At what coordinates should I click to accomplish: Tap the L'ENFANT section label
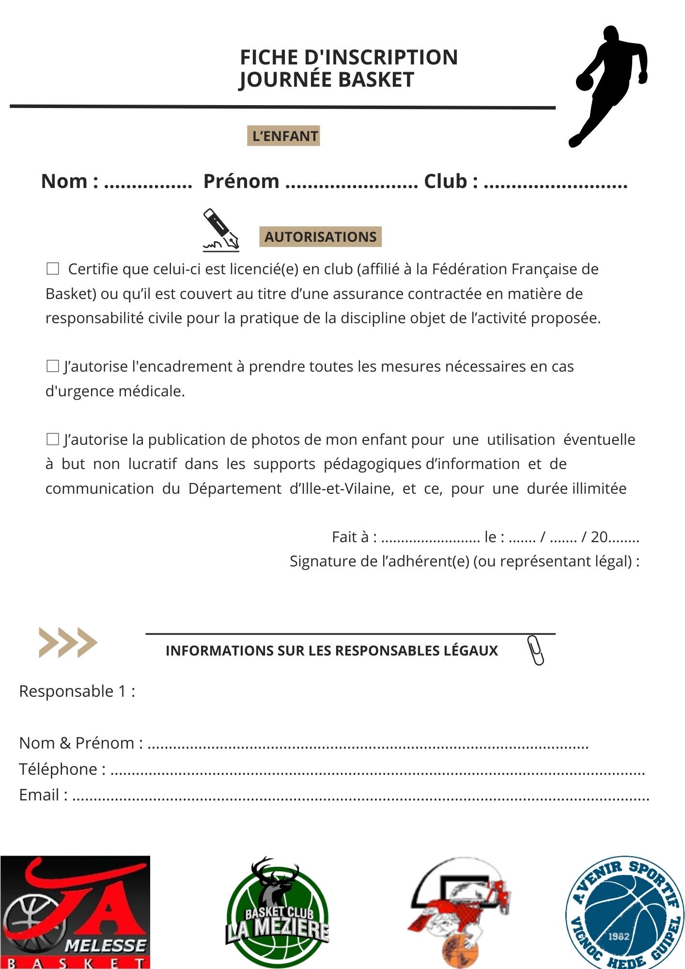[x=284, y=136]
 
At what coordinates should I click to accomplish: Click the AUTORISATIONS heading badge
[x=320, y=237]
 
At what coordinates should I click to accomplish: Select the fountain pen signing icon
[x=221, y=231]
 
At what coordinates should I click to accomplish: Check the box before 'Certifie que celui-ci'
[x=52, y=269]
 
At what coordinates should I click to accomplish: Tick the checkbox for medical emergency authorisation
[x=52, y=366]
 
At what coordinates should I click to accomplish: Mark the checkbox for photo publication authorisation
[x=52, y=439]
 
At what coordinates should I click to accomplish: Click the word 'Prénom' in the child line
[x=241, y=182]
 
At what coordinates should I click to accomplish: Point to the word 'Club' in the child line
[x=446, y=182]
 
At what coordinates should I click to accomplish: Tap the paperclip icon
[x=535, y=650]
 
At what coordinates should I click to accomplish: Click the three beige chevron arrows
[x=68, y=642]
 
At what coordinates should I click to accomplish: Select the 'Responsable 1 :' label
[x=77, y=691]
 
